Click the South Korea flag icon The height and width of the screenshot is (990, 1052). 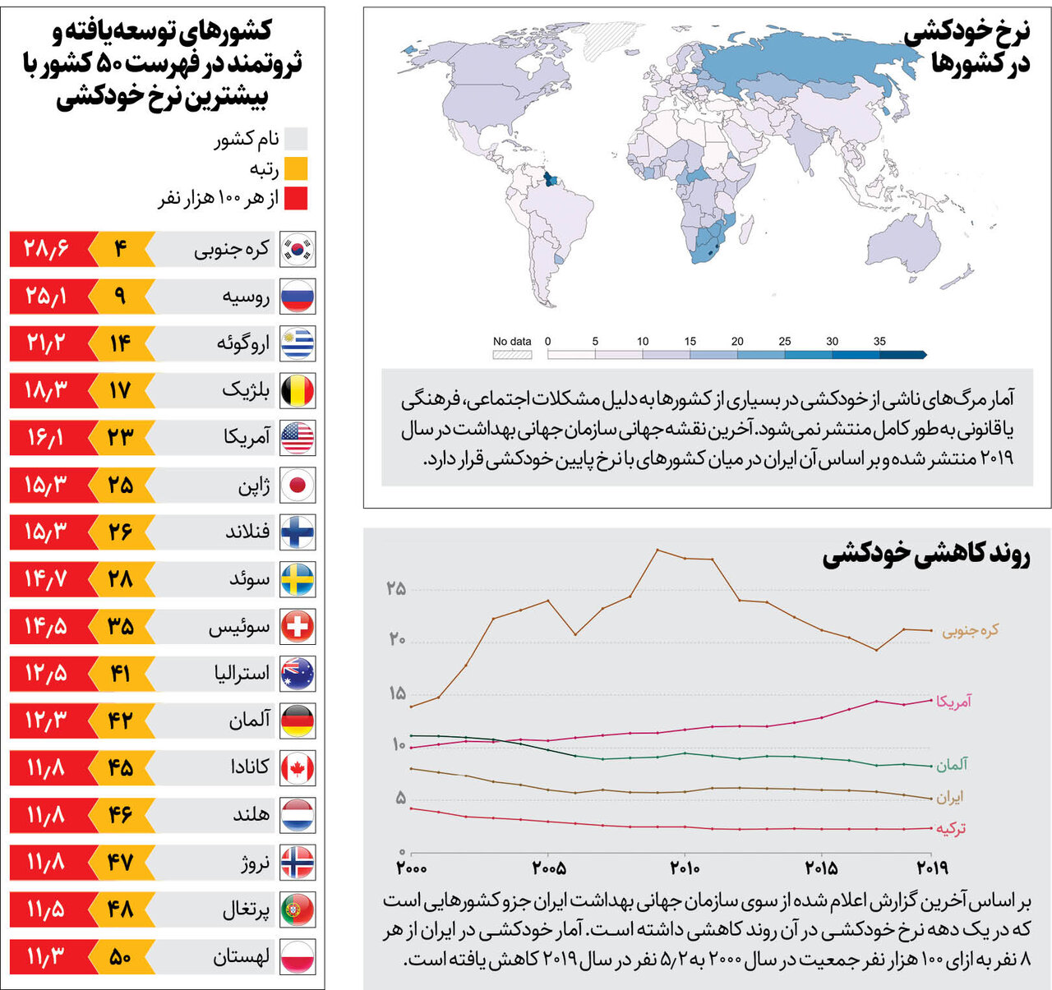[298, 249]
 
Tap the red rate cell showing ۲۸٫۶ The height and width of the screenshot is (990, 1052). [46, 249]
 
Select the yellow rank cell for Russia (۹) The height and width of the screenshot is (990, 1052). [120, 296]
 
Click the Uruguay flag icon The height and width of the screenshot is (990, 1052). [298, 343]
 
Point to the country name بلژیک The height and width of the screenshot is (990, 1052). [246, 390]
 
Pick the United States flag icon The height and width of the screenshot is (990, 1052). [298, 438]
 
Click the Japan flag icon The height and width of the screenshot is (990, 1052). [298, 485]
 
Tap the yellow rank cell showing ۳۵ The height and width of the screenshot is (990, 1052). [120, 627]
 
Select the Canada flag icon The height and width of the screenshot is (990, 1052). [298, 768]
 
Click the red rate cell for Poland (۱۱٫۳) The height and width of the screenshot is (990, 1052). [46, 957]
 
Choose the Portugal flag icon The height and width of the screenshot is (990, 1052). [298, 909]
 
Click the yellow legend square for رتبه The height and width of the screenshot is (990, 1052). [296, 168]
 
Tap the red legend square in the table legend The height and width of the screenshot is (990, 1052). [296, 198]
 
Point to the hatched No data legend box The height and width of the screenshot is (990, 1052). [512, 355]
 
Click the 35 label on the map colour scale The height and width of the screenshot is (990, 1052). [879, 341]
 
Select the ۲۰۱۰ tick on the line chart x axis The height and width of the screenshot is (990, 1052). [685, 868]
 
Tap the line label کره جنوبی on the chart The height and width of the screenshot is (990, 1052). [970, 630]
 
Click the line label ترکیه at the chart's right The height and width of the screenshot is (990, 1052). [951, 828]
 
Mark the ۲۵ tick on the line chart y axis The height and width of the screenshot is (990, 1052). [396, 589]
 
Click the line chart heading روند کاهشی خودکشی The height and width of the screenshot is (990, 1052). [925, 555]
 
